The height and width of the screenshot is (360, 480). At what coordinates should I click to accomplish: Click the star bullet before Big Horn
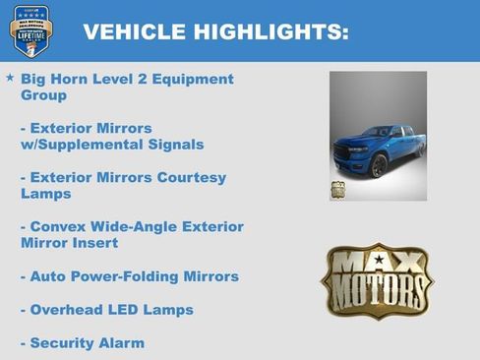point(10,77)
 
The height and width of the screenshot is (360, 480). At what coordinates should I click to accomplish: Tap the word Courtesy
point(187,178)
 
